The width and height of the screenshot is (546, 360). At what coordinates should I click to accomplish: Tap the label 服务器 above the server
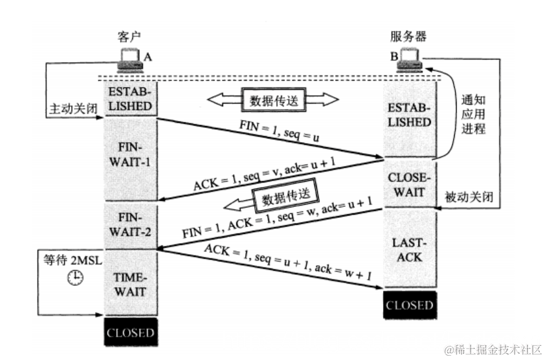[x=408, y=36]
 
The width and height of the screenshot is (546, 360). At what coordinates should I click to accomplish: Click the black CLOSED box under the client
[x=130, y=334]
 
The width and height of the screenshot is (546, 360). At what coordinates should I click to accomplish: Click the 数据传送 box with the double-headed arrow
[x=273, y=100]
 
